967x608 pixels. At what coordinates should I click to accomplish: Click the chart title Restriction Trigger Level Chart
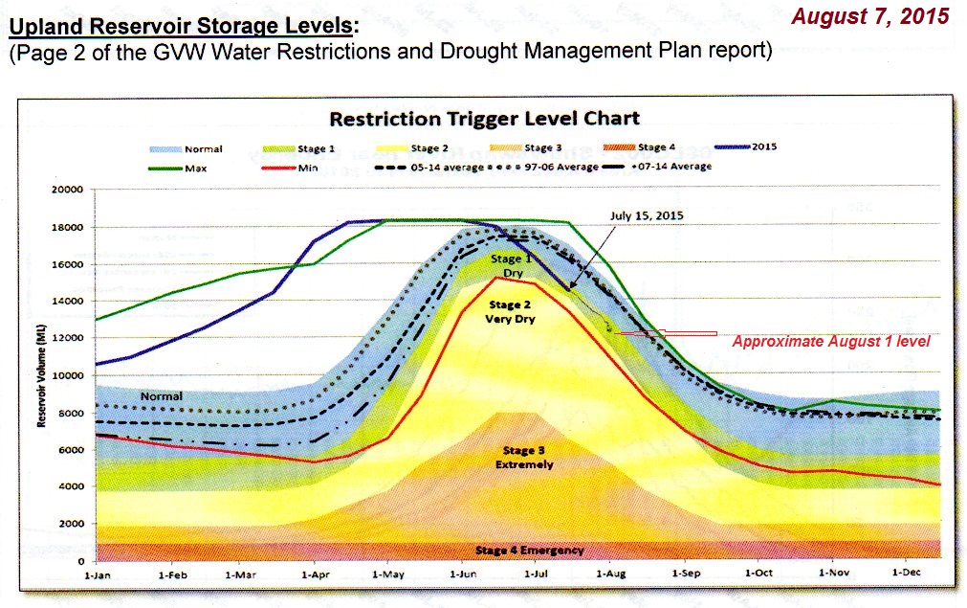click(484, 119)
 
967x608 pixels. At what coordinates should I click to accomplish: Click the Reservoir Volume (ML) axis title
click(43, 375)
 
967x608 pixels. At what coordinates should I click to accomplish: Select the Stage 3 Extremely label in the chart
click(524, 457)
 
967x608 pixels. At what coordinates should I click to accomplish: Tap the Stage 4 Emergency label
click(529, 551)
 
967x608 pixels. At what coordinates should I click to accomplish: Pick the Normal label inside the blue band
click(161, 394)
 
